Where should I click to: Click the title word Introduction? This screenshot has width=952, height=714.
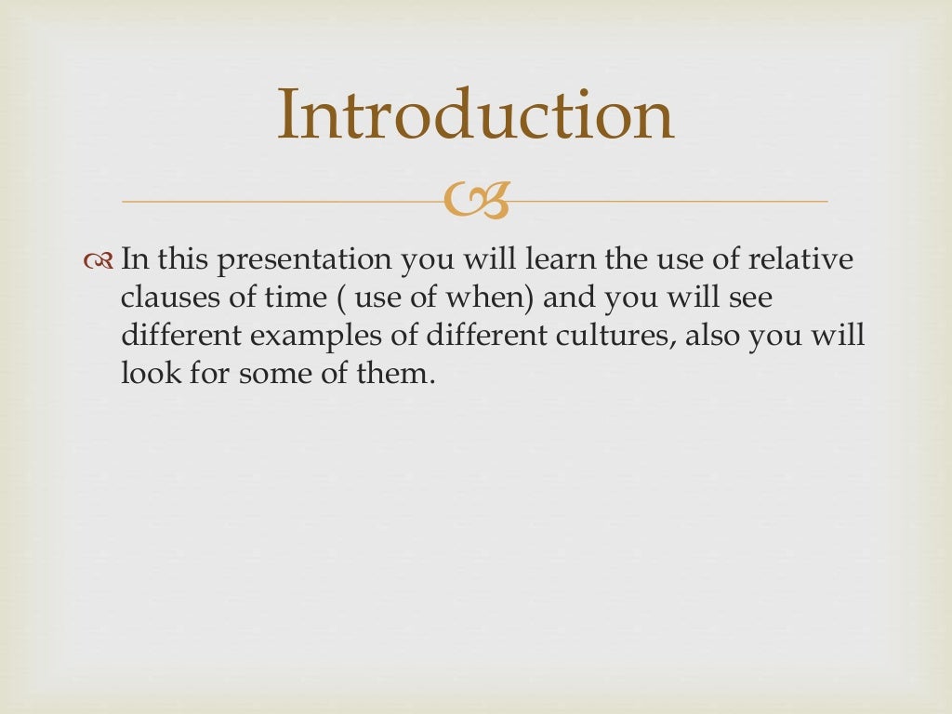click(475, 115)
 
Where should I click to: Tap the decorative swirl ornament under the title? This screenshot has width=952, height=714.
click(476, 201)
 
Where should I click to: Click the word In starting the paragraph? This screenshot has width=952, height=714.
click(134, 260)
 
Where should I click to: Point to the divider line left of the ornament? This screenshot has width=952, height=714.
click(279, 201)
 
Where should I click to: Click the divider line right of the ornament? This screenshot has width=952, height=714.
click(669, 201)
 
